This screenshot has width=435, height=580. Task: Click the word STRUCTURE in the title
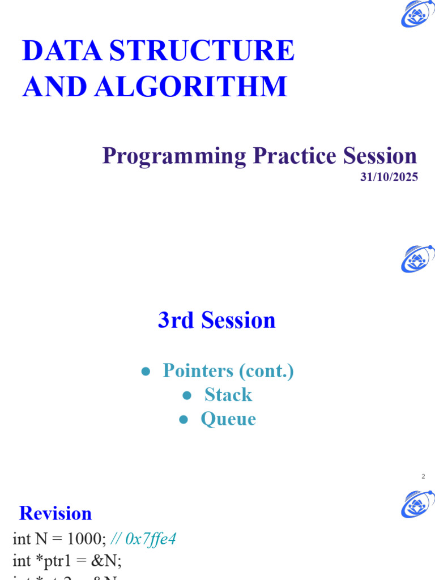pos(202,52)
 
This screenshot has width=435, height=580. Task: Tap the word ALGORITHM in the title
pos(191,87)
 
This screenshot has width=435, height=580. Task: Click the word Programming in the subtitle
pos(174,156)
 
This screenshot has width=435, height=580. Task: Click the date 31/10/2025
pos(389,177)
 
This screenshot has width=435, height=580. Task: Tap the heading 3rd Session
pos(217,321)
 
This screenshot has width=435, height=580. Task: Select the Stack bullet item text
pos(228,395)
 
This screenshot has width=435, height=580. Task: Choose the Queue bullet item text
pos(228,419)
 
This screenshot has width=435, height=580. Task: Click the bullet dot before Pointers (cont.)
pos(146,372)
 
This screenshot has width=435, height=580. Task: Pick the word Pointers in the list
pos(198,371)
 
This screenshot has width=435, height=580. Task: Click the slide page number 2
pos(423,476)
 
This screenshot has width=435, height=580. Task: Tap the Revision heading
pos(56,513)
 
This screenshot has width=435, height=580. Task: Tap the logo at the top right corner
pos(417,14)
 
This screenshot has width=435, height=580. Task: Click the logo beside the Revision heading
pos(417,504)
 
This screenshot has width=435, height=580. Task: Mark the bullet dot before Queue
pos(183,420)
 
